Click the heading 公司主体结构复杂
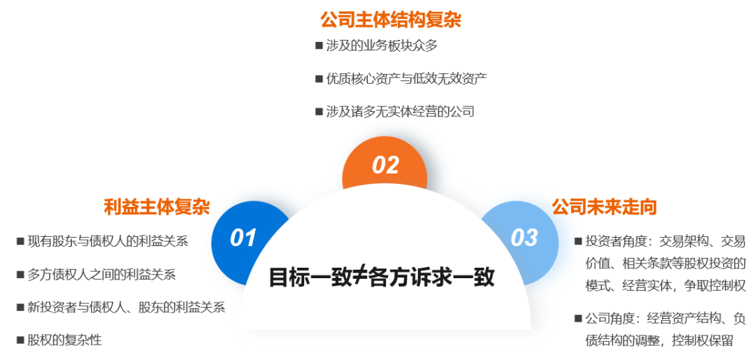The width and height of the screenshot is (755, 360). click(391, 21)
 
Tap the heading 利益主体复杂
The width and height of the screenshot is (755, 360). click(157, 207)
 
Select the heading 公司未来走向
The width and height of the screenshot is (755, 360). click(604, 207)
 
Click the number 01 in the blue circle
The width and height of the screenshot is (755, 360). click(243, 238)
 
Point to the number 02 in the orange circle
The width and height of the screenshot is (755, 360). click(386, 165)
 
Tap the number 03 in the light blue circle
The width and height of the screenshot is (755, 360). click(524, 238)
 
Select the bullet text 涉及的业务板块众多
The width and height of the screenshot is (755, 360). click(382, 45)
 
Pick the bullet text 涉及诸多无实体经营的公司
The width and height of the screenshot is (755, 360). click(400, 112)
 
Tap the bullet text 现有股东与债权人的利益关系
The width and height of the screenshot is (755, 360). click(108, 241)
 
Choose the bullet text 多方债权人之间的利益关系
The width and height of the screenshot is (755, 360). click(101, 274)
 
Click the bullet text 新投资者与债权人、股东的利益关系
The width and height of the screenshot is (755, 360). click(126, 307)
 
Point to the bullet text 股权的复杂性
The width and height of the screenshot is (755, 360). click(64, 340)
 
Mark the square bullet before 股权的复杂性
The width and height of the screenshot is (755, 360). click(20, 340)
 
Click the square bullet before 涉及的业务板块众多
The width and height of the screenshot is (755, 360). click(319, 45)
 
